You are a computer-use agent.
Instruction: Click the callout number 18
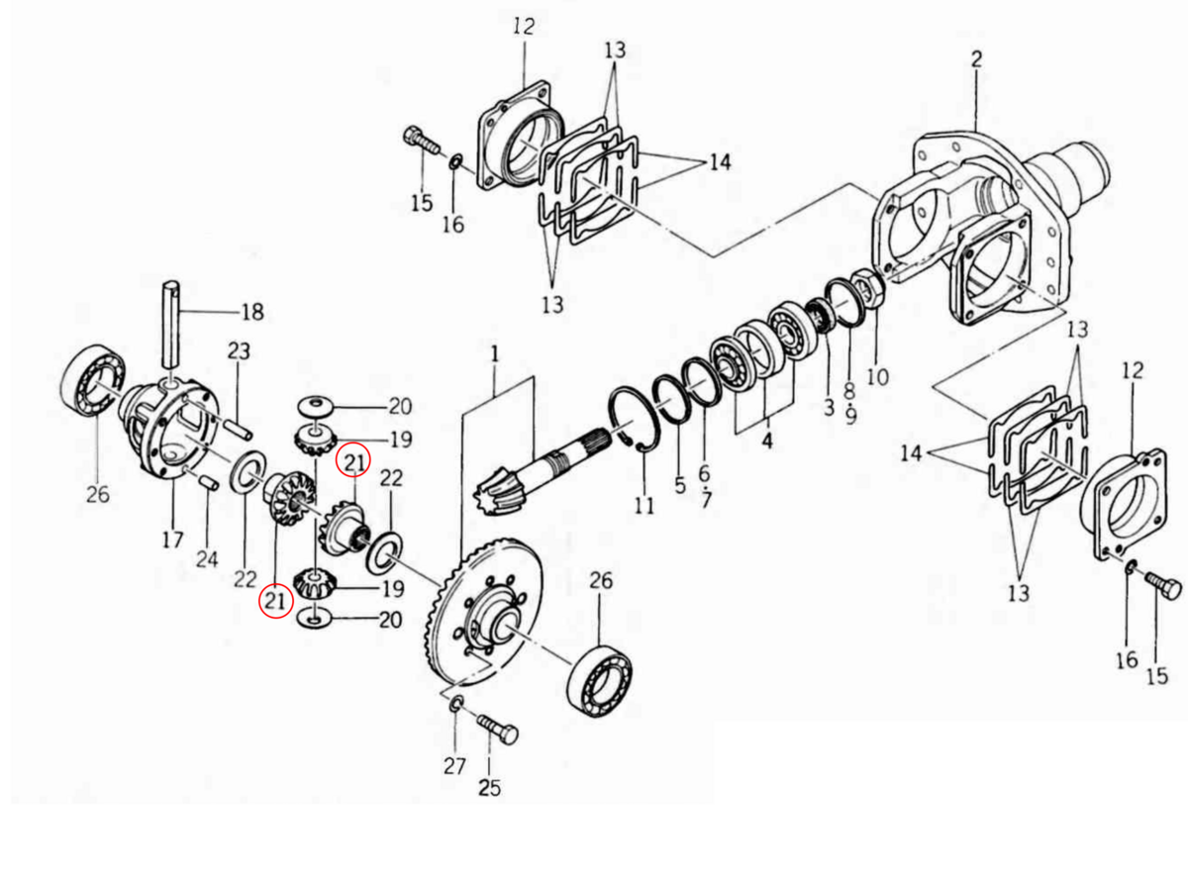point(252,313)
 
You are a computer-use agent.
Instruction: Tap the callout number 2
point(976,59)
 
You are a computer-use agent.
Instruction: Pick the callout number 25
point(489,788)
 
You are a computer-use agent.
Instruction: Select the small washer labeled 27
point(456,704)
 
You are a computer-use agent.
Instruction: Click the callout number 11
point(644,507)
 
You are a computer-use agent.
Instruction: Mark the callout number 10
point(877,377)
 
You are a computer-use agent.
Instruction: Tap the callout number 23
point(239,351)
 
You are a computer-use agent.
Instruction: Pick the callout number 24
point(206,559)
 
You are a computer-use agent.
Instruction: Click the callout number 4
point(767,442)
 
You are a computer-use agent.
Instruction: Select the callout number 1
point(494,353)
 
